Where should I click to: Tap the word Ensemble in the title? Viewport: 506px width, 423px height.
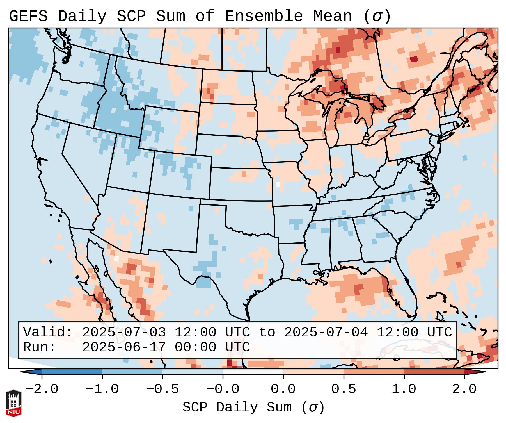point(264,16)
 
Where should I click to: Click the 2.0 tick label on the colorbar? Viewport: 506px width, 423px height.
point(464,389)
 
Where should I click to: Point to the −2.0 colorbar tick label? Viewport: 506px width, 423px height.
point(42,389)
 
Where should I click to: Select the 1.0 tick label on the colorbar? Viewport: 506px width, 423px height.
point(404,389)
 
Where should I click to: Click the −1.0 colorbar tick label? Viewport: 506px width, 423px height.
point(102,389)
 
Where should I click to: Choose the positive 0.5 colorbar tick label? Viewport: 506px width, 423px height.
point(344,389)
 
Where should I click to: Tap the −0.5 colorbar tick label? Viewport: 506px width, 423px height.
point(162,389)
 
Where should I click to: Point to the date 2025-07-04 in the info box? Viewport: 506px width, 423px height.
point(326,333)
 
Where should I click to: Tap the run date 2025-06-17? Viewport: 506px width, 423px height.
point(124,347)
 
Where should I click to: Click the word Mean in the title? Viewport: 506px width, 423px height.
point(332,16)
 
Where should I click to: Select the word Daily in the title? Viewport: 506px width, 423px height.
point(82,16)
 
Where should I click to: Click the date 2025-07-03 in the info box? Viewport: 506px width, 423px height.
point(124,333)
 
